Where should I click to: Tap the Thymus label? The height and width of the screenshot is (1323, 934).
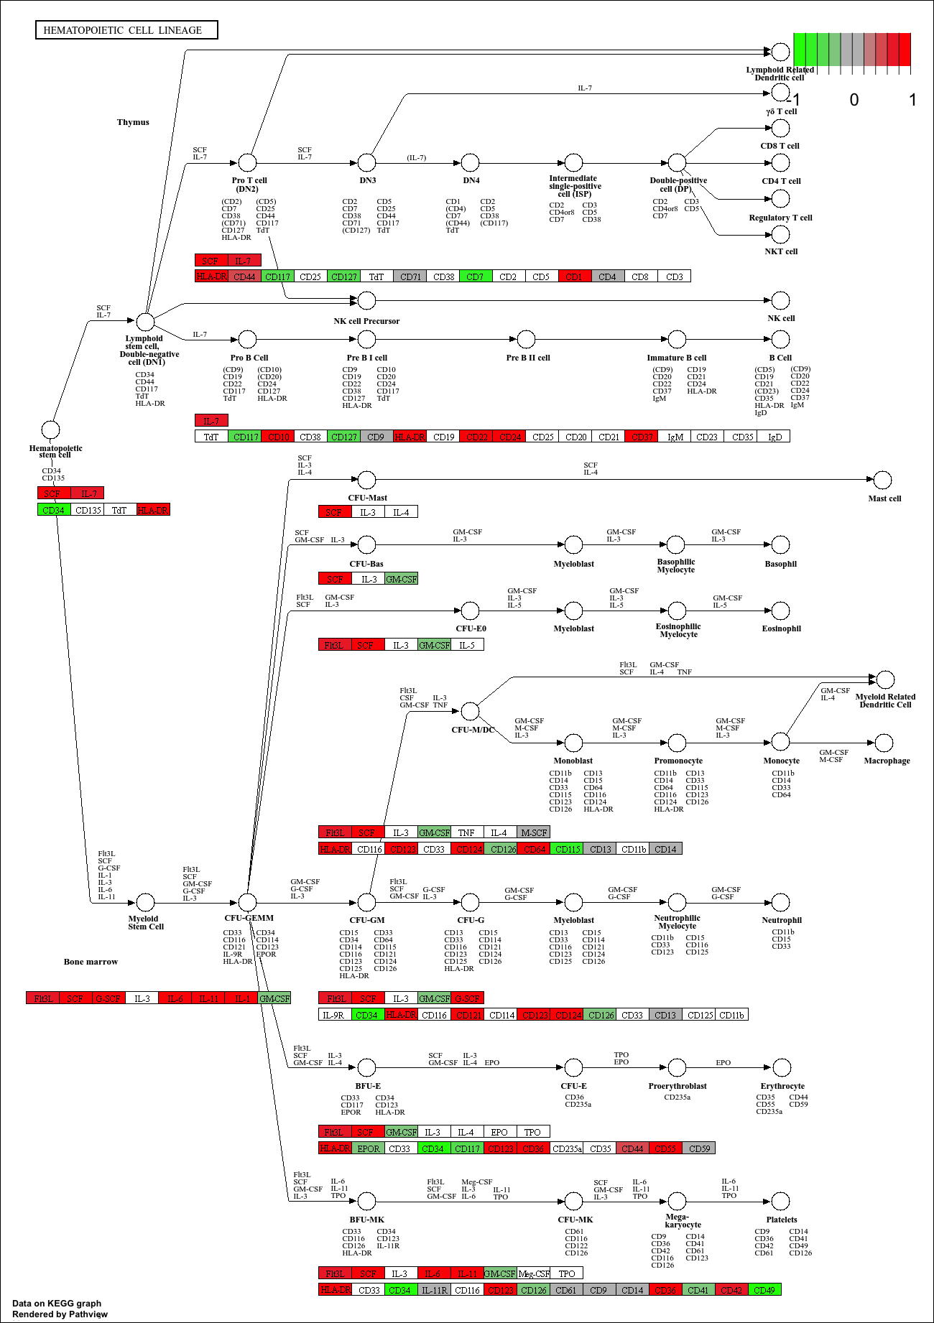point(133,122)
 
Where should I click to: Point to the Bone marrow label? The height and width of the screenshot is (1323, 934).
point(91,962)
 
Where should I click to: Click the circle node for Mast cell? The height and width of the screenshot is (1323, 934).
point(882,480)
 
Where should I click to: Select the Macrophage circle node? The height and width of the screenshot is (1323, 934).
point(884,743)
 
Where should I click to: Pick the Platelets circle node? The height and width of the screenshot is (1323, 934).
point(780,1201)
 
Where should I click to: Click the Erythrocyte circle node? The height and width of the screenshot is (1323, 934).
point(780,1067)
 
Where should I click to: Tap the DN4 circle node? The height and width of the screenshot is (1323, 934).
point(470,162)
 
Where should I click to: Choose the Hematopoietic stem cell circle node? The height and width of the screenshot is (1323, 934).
point(50,430)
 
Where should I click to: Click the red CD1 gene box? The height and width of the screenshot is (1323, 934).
point(574,277)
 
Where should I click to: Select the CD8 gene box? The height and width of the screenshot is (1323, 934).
point(640,277)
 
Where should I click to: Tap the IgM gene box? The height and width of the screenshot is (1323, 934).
point(675,437)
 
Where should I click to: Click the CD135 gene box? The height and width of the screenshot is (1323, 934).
point(88,510)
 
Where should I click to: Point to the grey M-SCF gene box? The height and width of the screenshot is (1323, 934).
point(533,832)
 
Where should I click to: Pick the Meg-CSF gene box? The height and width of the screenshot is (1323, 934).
point(534,1273)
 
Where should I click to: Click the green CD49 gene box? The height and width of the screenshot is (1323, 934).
point(764,1290)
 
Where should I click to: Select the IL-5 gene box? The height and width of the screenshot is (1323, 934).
point(467,645)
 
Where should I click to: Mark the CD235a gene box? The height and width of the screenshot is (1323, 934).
point(567,1148)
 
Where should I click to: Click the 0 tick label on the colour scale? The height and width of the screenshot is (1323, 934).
point(854,100)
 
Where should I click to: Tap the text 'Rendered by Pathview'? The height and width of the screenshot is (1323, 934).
point(60,1314)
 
